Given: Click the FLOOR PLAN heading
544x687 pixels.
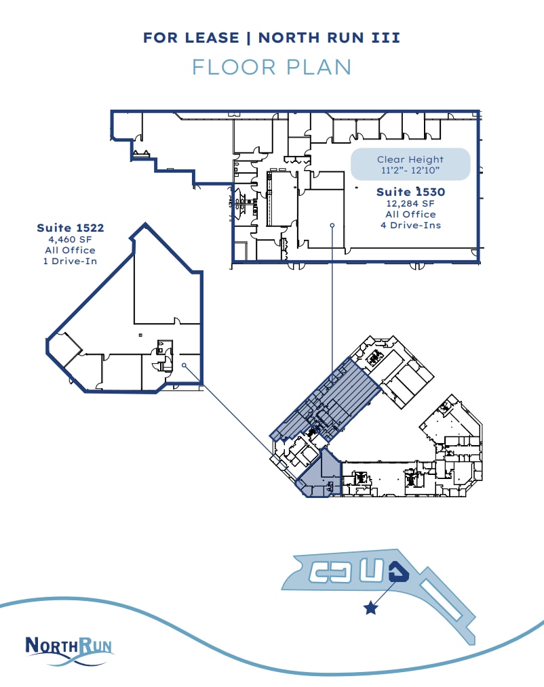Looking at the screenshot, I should click(x=271, y=67).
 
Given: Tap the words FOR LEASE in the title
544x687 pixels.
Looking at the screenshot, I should click(x=191, y=38).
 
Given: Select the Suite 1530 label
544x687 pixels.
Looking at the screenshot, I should click(x=410, y=192).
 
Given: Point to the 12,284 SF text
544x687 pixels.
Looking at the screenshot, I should click(x=410, y=203).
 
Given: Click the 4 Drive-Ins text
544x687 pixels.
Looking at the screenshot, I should click(x=410, y=225).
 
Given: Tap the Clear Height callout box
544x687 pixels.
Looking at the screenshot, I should click(x=410, y=164).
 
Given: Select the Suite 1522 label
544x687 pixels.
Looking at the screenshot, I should click(x=71, y=228).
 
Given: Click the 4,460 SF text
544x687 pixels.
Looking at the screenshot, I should click(x=71, y=239).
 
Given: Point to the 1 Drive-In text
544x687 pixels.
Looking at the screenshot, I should click(x=71, y=261).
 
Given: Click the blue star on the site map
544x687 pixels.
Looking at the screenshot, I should click(x=370, y=608).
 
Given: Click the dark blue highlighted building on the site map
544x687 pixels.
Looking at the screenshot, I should click(x=400, y=573).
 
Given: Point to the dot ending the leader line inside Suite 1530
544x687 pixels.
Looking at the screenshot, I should click(x=332, y=225).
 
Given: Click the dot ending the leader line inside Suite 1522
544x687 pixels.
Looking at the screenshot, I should click(x=184, y=366).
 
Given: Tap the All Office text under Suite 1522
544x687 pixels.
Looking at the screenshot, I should click(x=71, y=250).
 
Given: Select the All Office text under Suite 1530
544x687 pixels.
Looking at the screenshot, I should click(x=410, y=214).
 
